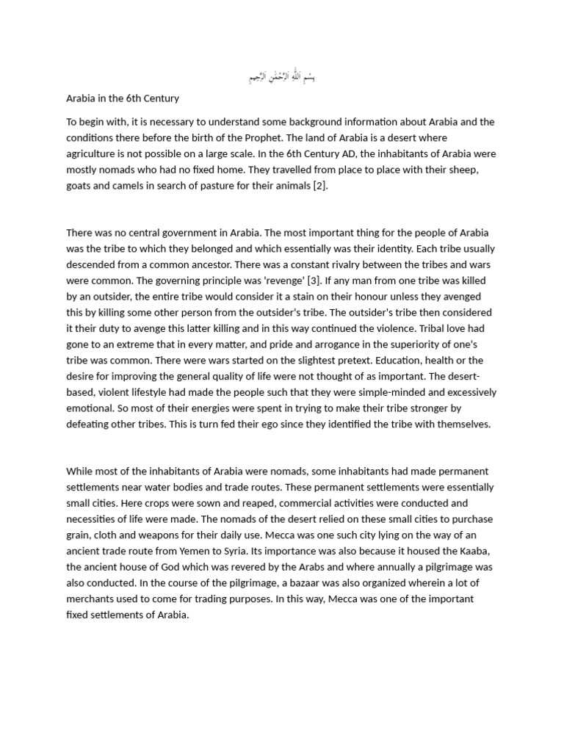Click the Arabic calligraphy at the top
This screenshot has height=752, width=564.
tap(282, 76)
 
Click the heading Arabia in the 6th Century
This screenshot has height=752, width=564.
tap(123, 98)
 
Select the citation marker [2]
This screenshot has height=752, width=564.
tap(318, 186)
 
